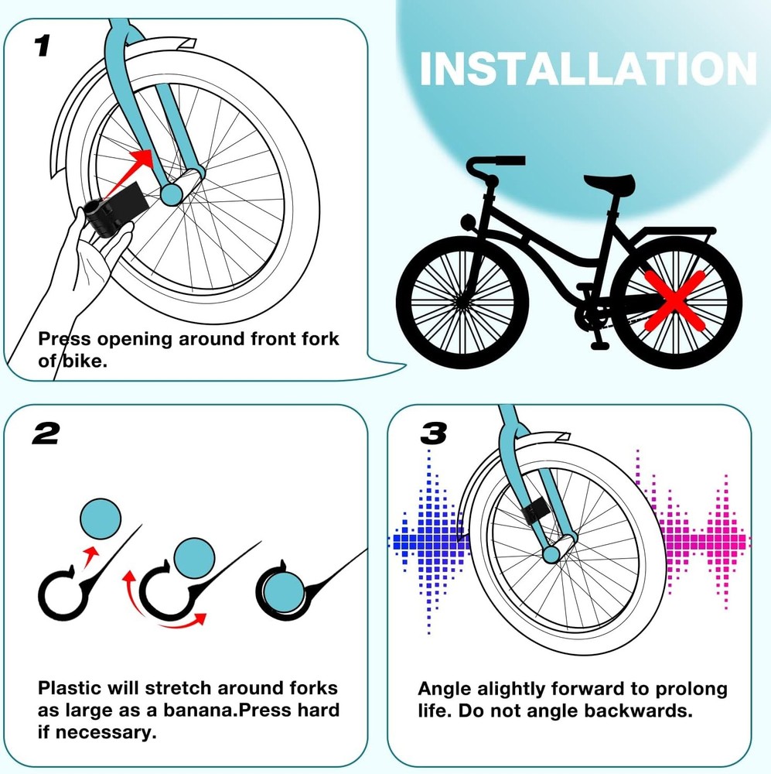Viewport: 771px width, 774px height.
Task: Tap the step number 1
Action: click(x=43, y=46)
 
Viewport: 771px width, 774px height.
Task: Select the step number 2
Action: click(x=46, y=434)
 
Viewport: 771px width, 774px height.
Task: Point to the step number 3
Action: click(x=433, y=434)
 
